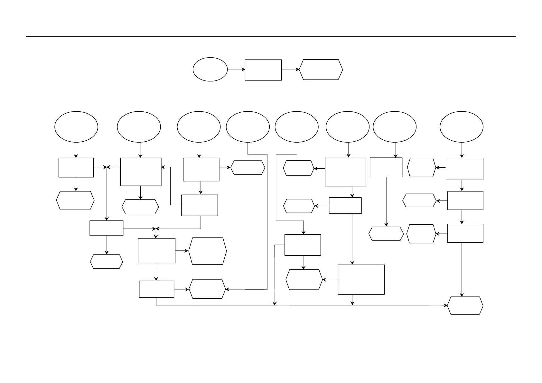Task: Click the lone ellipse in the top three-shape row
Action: pos(210,69)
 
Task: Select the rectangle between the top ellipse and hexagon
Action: pos(263,70)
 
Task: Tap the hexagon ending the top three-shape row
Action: pos(321,69)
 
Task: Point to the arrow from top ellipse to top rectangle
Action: pos(236,69)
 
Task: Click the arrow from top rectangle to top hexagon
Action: pos(290,69)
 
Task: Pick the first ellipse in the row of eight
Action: pos(76,126)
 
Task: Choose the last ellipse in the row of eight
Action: pos(461,126)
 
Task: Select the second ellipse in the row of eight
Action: pos(139,126)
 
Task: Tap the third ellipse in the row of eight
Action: pos(199,126)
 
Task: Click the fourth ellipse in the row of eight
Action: pos(248,126)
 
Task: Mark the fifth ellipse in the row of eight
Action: pos(296,126)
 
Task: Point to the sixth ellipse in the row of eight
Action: pos(347,126)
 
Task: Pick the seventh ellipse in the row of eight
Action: pos(394,126)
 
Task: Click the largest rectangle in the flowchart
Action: pos(361,279)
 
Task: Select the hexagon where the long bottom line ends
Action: pos(465,305)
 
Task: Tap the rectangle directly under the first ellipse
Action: pos(76,167)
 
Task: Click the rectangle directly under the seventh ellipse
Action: pos(386,167)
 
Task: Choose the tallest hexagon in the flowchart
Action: pos(207,251)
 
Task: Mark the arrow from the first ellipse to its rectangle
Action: pos(76,150)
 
